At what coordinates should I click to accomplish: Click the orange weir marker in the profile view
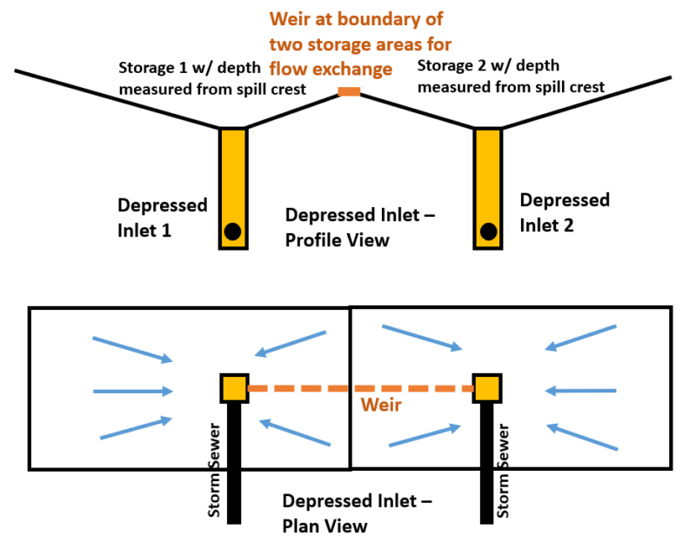(349, 92)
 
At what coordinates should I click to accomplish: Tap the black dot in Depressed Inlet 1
(231, 231)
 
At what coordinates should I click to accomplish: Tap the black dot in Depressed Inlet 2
(488, 231)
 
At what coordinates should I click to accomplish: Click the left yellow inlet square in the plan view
(233, 388)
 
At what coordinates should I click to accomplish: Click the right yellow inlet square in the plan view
(485, 388)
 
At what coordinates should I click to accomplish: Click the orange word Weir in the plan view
(380, 406)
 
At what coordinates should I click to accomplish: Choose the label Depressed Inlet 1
(163, 218)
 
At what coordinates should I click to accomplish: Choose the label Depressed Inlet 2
(565, 211)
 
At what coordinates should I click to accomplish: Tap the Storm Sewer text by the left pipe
(215, 471)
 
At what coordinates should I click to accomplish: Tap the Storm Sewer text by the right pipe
(502, 471)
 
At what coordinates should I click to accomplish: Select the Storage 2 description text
(511, 76)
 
